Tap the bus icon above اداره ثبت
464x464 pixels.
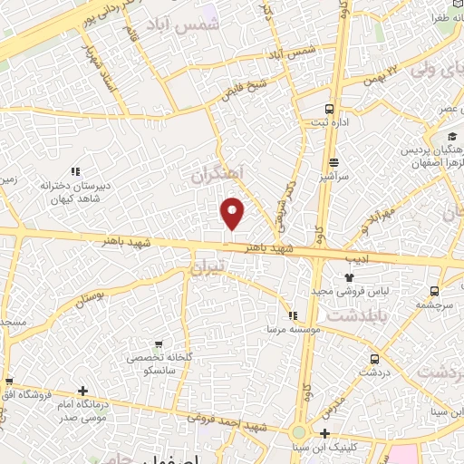[x=329, y=106]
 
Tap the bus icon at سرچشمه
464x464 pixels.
[x=435, y=291]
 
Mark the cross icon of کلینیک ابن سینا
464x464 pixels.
[x=324, y=433]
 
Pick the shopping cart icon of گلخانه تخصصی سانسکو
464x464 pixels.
[x=159, y=343]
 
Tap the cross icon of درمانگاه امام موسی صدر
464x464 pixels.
[x=82, y=391]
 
